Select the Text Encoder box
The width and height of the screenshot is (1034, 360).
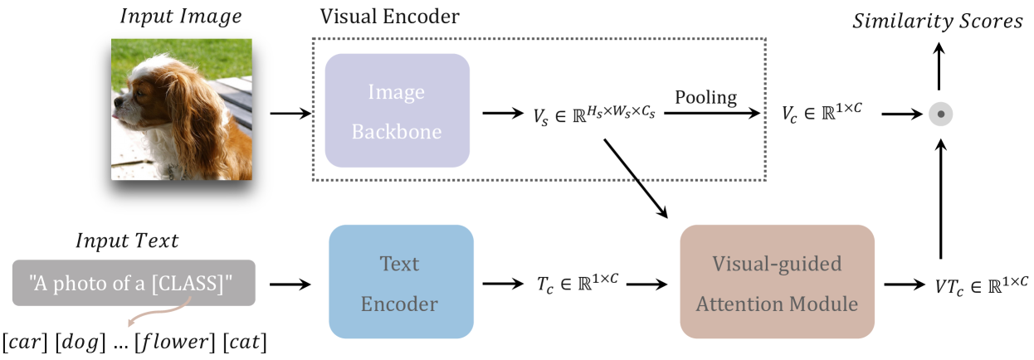(401, 283)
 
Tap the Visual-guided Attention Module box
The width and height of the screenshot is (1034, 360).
(777, 283)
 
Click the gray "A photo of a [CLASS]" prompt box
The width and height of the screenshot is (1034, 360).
(134, 283)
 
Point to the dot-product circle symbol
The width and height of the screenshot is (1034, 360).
(939, 114)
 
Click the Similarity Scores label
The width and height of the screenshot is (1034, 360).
(938, 22)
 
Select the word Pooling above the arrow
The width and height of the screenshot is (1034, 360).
(705, 97)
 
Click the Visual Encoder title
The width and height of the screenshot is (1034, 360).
(389, 16)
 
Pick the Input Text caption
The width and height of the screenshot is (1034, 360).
(127, 241)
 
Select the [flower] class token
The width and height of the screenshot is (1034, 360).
(180, 341)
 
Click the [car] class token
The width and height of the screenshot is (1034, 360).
(27, 341)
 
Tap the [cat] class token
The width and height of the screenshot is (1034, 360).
(247, 341)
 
